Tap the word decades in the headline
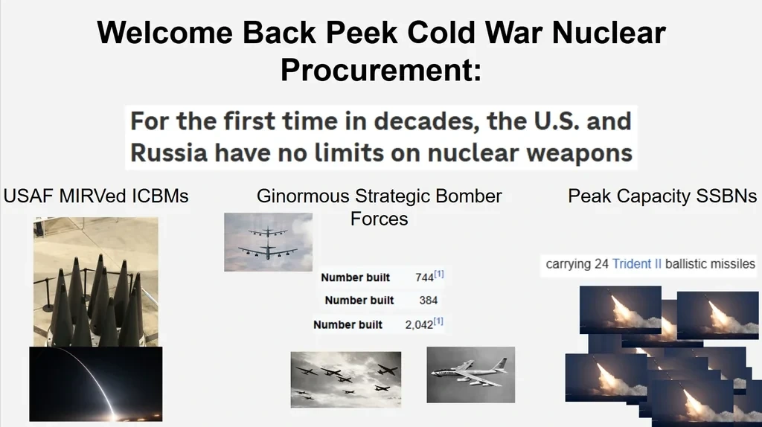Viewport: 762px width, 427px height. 423,121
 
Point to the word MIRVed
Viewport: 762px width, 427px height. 88,196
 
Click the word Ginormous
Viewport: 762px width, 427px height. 303,196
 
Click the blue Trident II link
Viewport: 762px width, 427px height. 637,264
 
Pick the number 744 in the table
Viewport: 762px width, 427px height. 424,277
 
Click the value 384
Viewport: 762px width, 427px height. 428,301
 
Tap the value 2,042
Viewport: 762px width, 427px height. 419,325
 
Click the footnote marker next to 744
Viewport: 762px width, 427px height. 439,274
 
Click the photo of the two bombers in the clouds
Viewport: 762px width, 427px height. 268,242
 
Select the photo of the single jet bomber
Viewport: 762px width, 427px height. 470,374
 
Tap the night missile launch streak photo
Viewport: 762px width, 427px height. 96,384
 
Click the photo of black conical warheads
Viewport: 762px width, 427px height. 96,282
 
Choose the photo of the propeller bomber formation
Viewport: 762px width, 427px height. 346,379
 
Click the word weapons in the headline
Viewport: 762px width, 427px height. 579,153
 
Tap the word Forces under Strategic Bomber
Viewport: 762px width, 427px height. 379,219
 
